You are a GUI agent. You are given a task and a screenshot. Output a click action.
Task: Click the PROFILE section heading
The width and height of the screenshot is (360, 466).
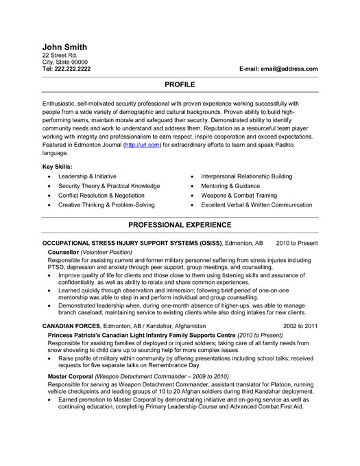coord(180,83)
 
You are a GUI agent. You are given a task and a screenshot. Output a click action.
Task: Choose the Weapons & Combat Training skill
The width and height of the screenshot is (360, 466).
coord(239,196)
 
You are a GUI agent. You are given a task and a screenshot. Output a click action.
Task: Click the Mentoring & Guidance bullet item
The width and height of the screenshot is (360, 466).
coord(231,186)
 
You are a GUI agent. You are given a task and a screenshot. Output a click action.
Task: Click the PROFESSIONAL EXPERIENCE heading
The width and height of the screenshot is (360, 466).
coord(180,225)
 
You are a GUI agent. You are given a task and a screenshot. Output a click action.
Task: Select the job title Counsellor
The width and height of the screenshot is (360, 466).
coord(63,253)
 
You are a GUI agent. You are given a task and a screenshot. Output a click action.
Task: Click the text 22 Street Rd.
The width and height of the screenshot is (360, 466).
coord(61,56)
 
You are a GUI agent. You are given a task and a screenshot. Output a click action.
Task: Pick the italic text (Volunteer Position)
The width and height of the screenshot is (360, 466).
coord(110,253)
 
